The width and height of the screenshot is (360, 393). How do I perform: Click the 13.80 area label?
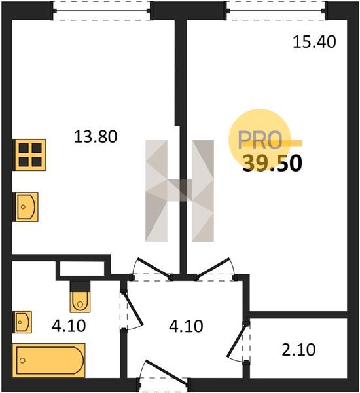pos(96,137)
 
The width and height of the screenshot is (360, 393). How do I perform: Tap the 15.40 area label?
pos(314,42)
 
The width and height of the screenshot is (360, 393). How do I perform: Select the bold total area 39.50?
pos(272,163)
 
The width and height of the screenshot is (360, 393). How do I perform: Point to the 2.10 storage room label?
pos(298,350)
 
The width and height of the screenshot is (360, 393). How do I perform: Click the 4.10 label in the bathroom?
pos(69,326)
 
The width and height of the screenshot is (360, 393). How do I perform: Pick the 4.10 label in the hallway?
pos(186,326)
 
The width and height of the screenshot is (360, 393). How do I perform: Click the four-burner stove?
pos(30,155)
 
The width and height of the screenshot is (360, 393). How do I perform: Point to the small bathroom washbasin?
pos(24,322)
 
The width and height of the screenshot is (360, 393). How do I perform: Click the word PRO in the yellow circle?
pos(260,140)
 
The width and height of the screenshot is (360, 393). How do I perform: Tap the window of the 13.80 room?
pos(101,10)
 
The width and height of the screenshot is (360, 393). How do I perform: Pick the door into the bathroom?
pos(132,310)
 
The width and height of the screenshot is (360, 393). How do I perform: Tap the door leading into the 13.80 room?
pos(152,269)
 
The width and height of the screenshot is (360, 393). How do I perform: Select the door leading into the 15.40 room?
pos(215,269)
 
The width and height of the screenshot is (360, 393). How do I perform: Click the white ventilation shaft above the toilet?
pos(82,269)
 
